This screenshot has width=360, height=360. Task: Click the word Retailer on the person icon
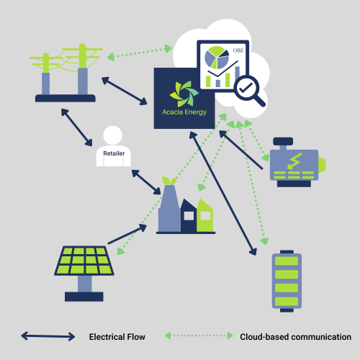(114, 153)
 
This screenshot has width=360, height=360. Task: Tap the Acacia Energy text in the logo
(184, 112)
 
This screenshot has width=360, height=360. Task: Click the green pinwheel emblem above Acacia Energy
(184, 94)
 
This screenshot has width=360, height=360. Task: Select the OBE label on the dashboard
(238, 50)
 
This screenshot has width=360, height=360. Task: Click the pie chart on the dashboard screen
(217, 58)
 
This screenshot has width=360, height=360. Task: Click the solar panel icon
(84, 273)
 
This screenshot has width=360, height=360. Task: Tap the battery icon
(287, 281)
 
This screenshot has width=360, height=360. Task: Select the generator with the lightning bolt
(297, 162)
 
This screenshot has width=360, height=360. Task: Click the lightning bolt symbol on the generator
(294, 161)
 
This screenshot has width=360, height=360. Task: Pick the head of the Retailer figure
(112, 135)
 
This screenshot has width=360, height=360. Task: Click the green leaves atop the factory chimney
(169, 181)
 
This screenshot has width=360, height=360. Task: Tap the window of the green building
(205, 216)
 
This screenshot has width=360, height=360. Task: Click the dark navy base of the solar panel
(84, 297)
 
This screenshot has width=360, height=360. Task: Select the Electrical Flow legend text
(117, 337)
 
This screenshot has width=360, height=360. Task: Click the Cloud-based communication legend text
(295, 337)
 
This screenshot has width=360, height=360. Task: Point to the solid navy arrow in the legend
(48, 336)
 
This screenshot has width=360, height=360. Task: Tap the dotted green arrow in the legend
(199, 336)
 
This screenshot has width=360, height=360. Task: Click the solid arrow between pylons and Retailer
(76, 127)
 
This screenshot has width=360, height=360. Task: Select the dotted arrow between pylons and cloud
(140, 53)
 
